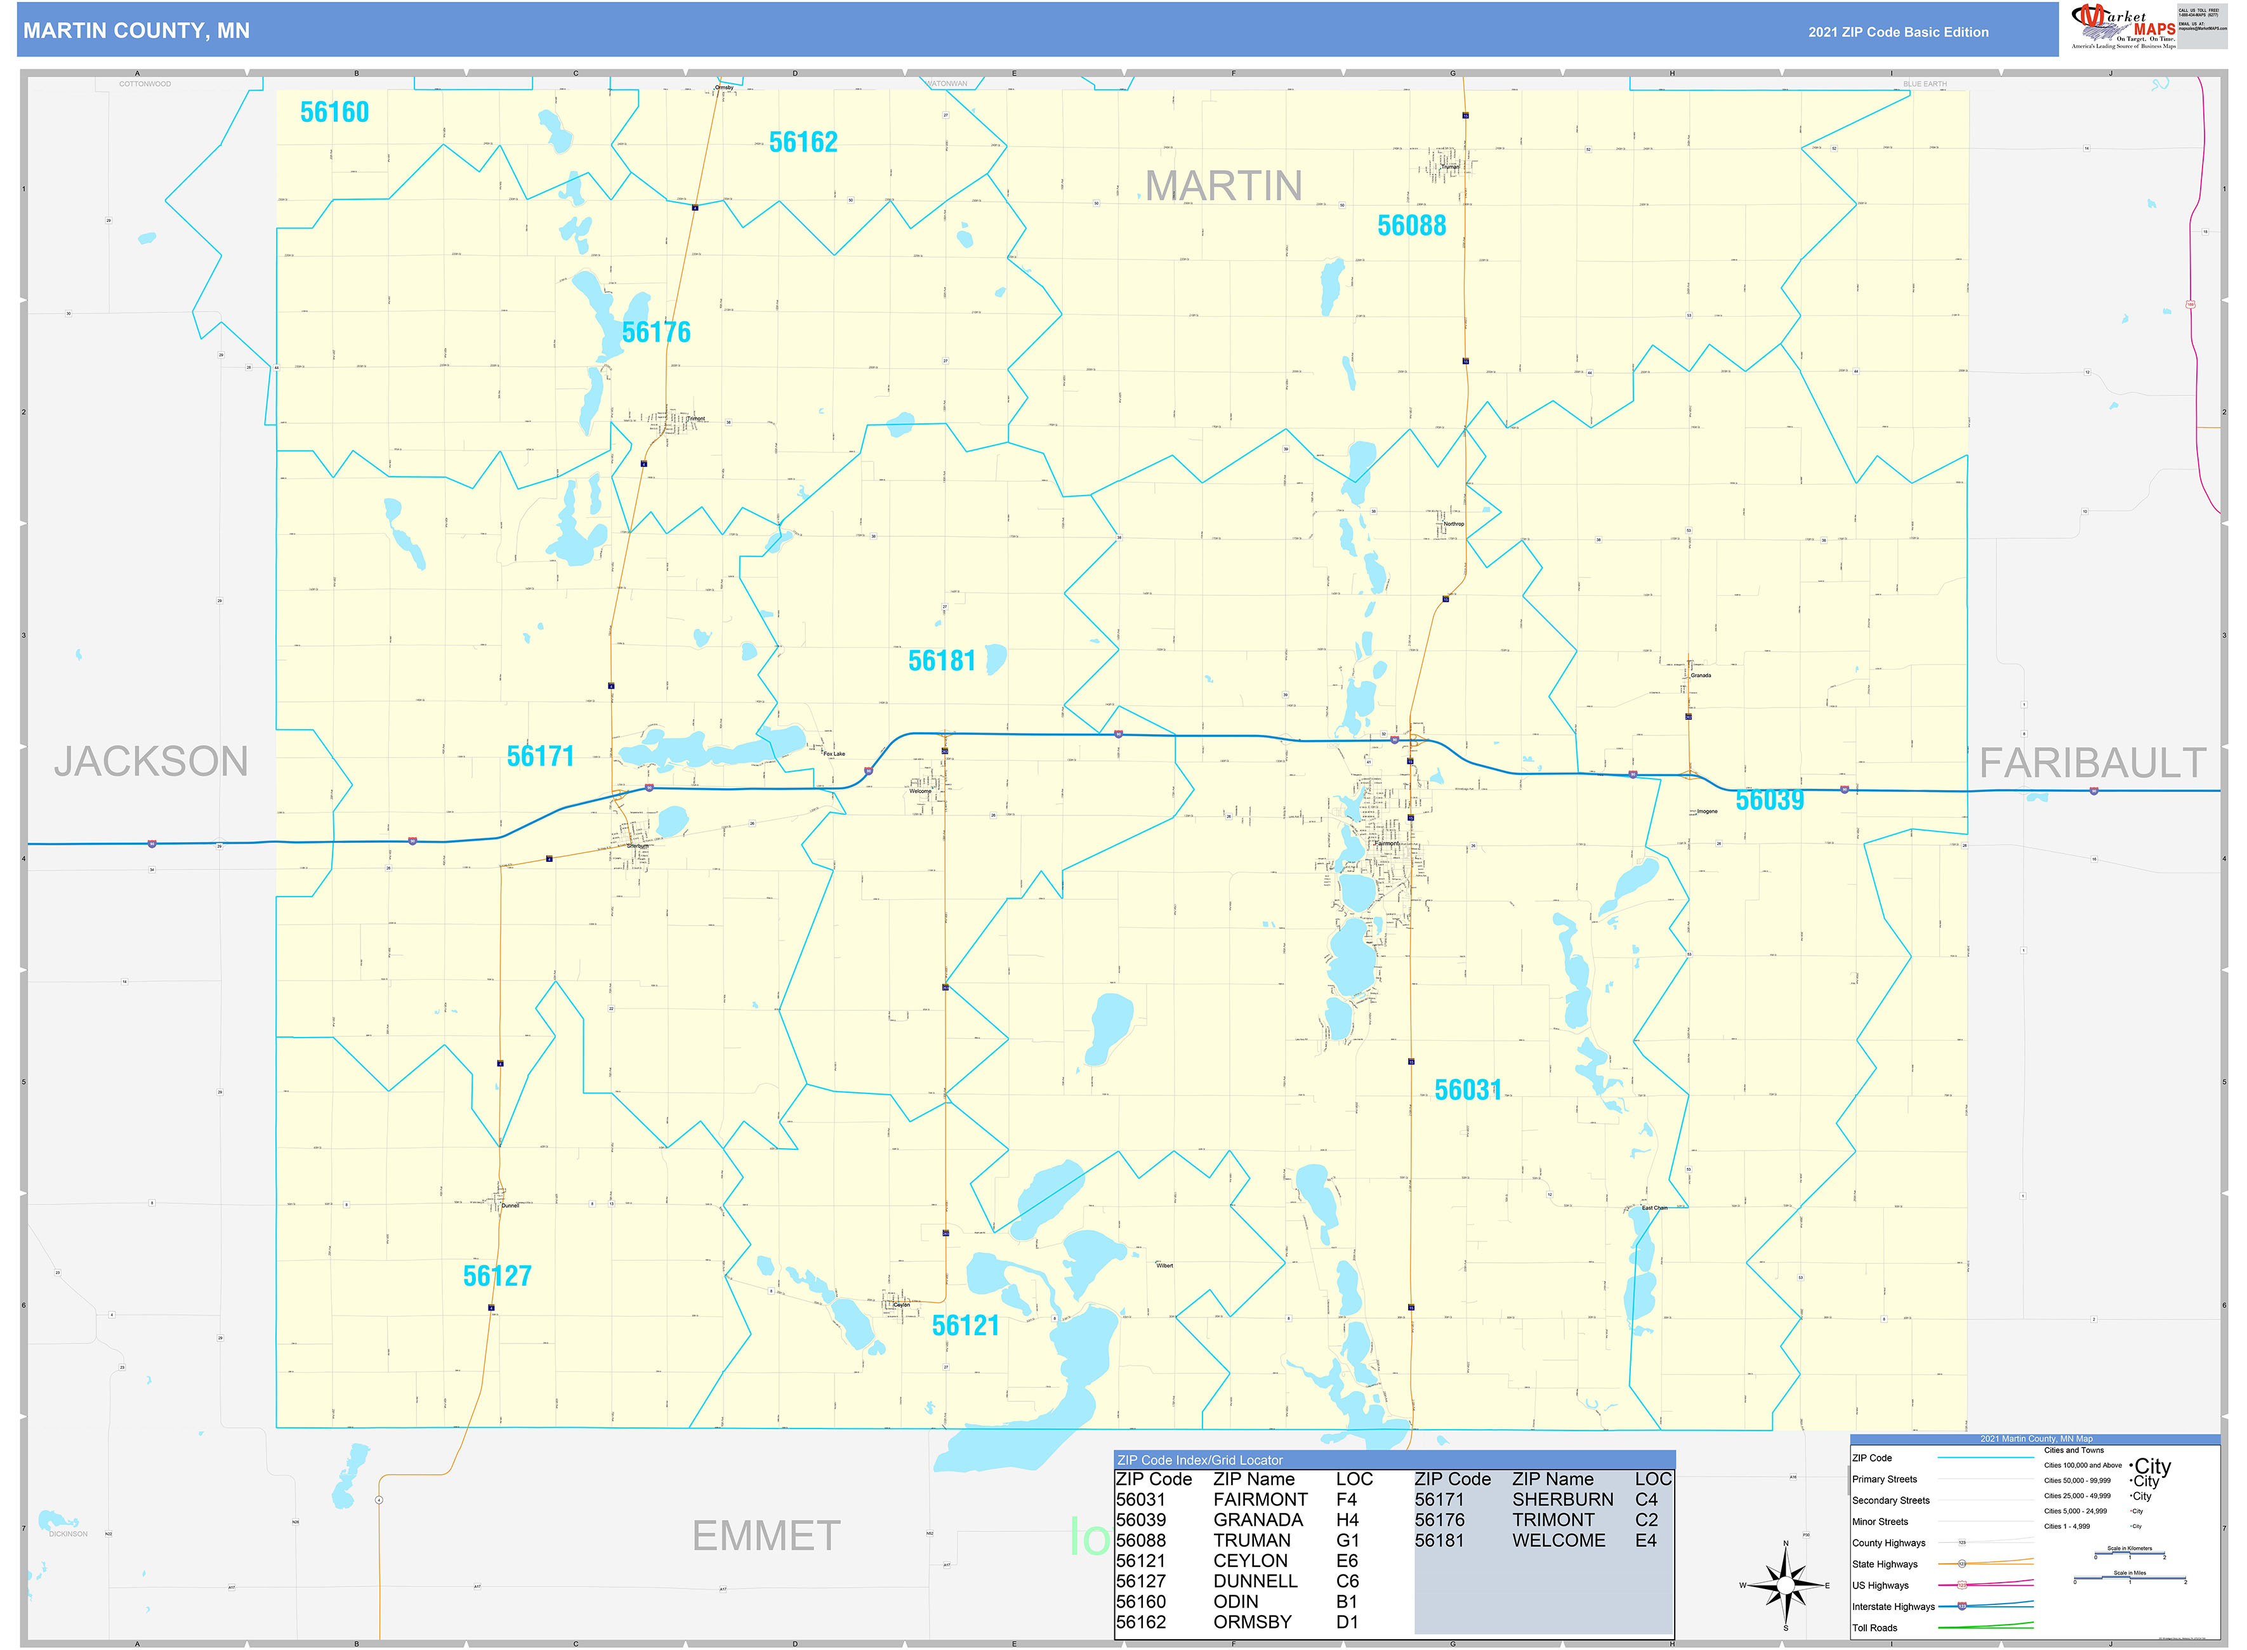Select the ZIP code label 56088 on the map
[x=1411, y=227]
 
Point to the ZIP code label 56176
[x=656, y=333]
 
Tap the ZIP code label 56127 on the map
[x=498, y=1276]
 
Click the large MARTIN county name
[x=1223, y=187]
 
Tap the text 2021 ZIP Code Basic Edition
[x=1897, y=32]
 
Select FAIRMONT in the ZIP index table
[x=1260, y=1499]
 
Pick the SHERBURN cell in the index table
[x=1562, y=1499]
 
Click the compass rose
[x=1786, y=1585]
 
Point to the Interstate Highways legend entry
[x=1892, y=1607]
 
